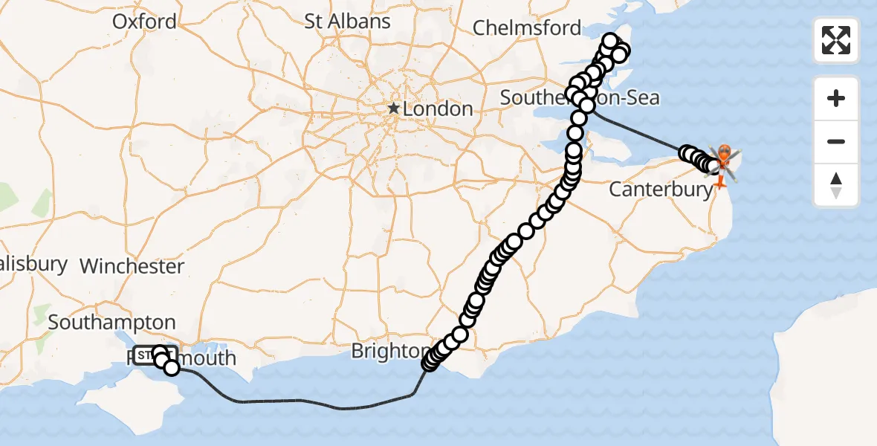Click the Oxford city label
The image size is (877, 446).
145,22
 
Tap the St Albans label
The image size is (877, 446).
347,22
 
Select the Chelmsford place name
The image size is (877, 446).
527,28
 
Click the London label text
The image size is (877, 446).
438,109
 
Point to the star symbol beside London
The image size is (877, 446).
393,109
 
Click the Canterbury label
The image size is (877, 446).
661,190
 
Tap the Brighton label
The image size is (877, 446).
389,351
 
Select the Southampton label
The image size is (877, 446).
111,323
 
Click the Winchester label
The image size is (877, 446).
132,266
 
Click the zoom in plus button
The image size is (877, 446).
836,98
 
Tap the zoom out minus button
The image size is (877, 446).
836,141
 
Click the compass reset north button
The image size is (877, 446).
836,184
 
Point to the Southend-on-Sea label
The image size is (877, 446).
580,98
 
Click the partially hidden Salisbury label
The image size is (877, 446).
33,264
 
